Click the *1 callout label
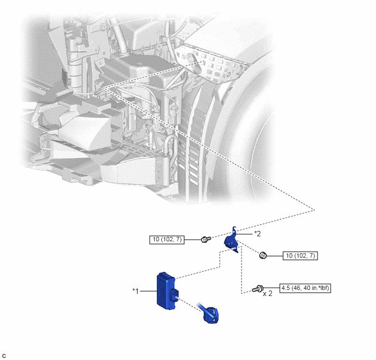pyautogui.click(x=136, y=291)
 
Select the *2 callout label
pyautogui.click(x=257, y=234)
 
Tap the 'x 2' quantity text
pyautogui.click(x=268, y=293)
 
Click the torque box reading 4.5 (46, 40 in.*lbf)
pyautogui.click(x=305, y=288)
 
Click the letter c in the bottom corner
pyautogui.click(x=4, y=356)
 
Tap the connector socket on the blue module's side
pyautogui.click(x=175, y=295)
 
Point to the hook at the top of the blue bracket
pyautogui.click(x=234, y=229)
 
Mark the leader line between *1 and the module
pyautogui.click(x=148, y=291)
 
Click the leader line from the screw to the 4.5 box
pyautogui.click(x=272, y=288)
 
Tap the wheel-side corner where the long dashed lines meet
pyautogui.click(x=314, y=210)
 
